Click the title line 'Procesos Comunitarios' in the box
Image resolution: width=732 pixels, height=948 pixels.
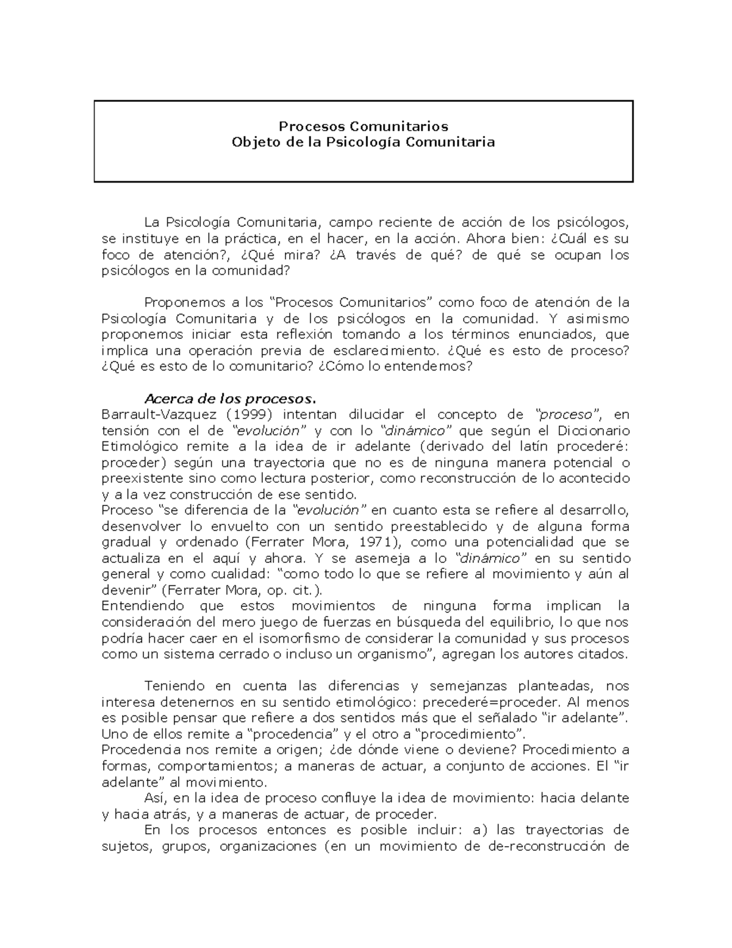[364, 126]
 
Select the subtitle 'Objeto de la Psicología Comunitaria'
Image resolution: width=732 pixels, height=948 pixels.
[364, 142]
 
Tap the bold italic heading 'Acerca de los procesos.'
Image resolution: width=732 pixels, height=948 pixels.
[231, 399]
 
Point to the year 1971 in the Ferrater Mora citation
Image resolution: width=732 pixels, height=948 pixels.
[371, 542]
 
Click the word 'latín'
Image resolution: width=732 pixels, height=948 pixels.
[539, 447]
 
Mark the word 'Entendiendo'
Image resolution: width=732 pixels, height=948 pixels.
[143, 606]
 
